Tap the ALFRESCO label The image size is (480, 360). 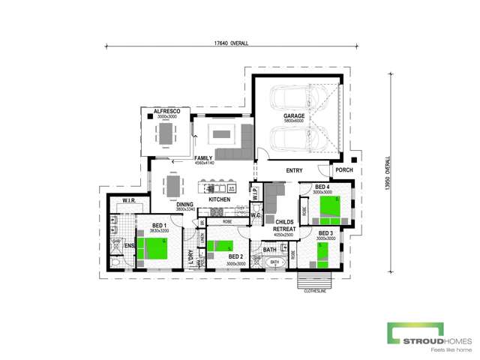pyautogui.click(x=164, y=111)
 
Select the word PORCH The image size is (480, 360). pyautogui.click(x=344, y=170)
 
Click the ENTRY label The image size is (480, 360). pyautogui.click(x=294, y=171)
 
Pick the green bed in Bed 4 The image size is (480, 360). pyautogui.click(x=329, y=208)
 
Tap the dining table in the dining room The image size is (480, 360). pyautogui.click(x=173, y=184)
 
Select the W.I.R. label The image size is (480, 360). pyautogui.click(x=121, y=200)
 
